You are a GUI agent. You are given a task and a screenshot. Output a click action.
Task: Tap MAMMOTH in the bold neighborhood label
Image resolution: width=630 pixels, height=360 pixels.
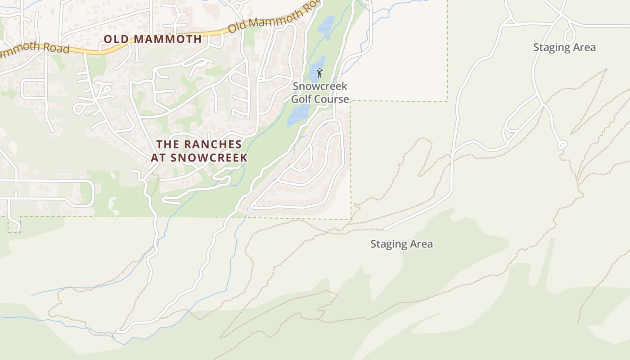(x=168, y=39)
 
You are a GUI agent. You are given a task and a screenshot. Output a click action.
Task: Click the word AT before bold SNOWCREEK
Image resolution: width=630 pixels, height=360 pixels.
(x=159, y=158)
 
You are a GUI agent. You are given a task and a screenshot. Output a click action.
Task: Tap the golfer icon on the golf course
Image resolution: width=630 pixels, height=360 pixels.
(x=320, y=72)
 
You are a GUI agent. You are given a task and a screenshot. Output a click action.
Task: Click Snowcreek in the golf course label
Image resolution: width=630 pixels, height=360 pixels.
(x=320, y=86)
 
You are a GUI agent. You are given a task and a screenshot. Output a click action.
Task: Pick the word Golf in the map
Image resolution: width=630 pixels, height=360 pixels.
(x=302, y=99)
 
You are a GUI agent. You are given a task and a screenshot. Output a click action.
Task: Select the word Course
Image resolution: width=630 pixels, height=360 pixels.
(x=332, y=99)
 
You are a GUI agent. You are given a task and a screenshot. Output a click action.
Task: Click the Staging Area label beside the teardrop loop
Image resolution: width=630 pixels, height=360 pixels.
(x=564, y=47)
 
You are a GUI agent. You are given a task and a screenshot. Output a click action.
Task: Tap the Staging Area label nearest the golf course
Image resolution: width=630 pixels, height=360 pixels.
(x=401, y=244)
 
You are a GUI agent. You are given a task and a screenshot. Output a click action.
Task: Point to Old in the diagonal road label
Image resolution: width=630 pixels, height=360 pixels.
(x=238, y=27)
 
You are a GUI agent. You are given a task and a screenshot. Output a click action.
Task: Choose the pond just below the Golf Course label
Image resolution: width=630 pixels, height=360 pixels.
(x=299, y=115)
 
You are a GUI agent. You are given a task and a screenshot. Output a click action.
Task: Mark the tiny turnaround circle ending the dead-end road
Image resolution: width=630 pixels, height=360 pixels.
(x=562, y=145)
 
